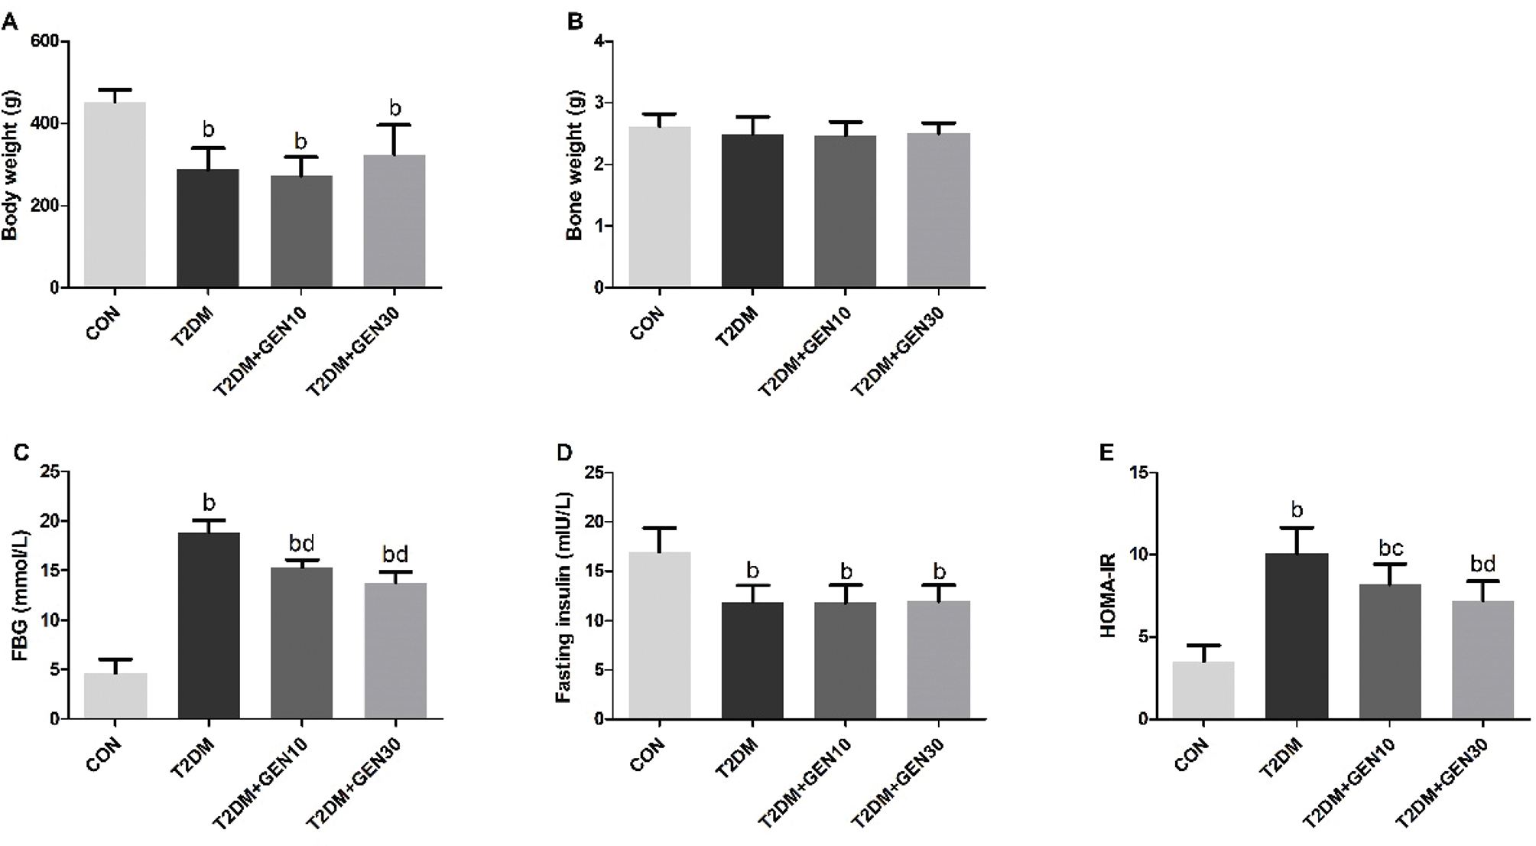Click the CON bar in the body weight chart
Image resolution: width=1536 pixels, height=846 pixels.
(x=115, y=195)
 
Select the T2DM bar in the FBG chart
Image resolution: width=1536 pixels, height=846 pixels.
(x=209, y=626)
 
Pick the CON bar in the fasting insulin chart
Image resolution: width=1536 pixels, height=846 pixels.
(x=659, y=635)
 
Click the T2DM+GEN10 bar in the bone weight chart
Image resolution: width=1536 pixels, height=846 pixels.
(x=845, y=211)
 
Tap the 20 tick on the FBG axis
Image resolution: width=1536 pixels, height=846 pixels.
(x=49, y=522)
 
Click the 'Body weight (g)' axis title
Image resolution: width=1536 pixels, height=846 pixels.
(x=10, y=165)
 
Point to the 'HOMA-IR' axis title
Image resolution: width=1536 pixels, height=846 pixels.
(x=1108, y=596)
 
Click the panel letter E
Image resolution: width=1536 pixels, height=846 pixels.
(x=1106, y=453)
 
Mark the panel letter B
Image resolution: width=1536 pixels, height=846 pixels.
(x=575, y=21)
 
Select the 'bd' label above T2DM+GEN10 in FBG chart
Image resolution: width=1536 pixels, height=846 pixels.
(x=301, y=544)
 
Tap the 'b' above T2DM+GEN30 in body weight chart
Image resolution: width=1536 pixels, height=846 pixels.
(x=395, y=108)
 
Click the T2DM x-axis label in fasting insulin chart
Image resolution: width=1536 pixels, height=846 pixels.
(x=736, y=757)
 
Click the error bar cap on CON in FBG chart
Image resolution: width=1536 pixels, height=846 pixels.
(x=115, y=659)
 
